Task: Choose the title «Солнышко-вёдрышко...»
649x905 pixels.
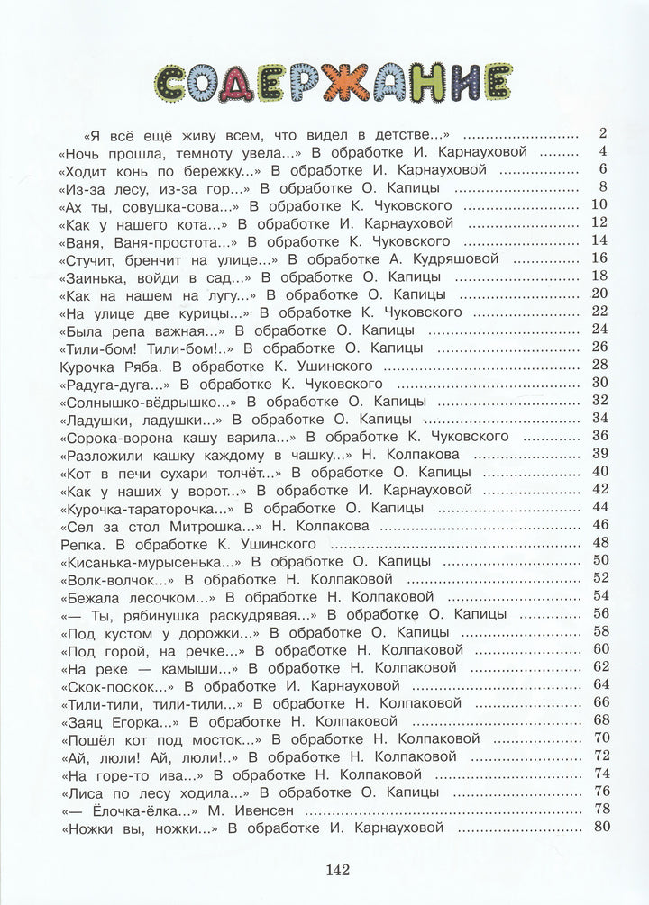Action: click(149, 401)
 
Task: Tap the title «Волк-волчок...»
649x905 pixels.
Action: click(114, 579)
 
